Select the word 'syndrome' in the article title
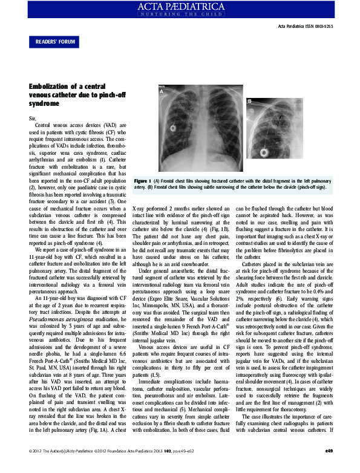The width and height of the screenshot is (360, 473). click(x=44, y=104)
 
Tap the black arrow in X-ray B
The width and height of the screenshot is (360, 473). click(x=280, y=119)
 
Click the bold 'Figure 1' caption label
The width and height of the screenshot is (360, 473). click(x=143, y=181)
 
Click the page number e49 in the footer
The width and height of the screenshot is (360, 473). click(x=329, y=467)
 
